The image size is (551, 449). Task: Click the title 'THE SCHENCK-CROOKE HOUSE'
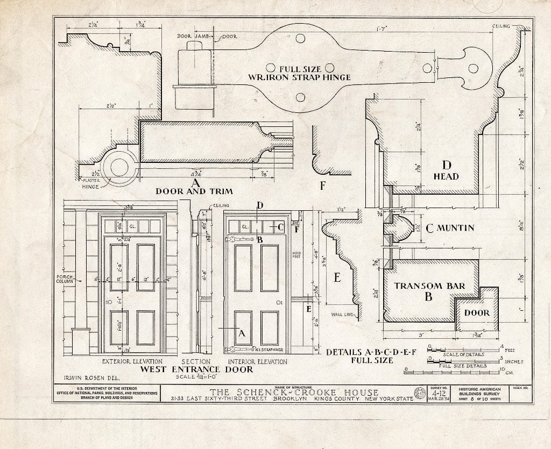click(294, 392)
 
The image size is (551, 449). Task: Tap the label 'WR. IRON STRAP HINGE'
click(299, 77)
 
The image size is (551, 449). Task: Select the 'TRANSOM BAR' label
click(429, 286)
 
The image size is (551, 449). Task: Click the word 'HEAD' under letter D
click(446, 176)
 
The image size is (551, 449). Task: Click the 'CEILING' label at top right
click(501, 26)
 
